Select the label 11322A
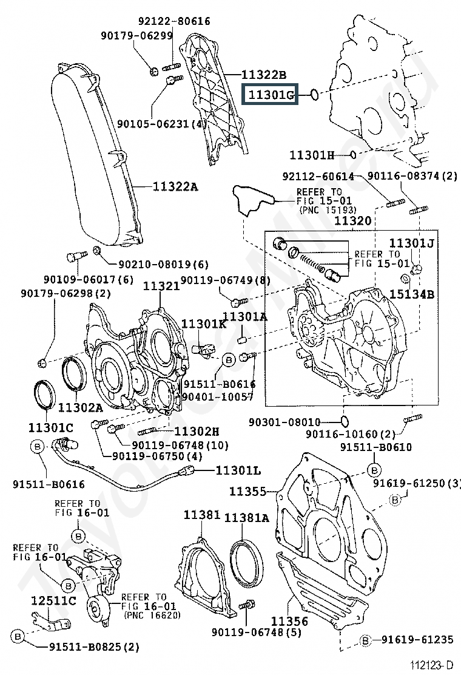[x=175, y=186]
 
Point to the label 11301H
[x=311, y=155]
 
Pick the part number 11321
[x=161, y=285]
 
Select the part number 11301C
[x=50, y=426]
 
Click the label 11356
[x=289, y=621]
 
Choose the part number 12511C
[x=53, y=601]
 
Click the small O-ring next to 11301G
[x=313, y=94]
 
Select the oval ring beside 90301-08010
[x=343, y=421]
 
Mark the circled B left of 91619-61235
[x=366, y=639]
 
